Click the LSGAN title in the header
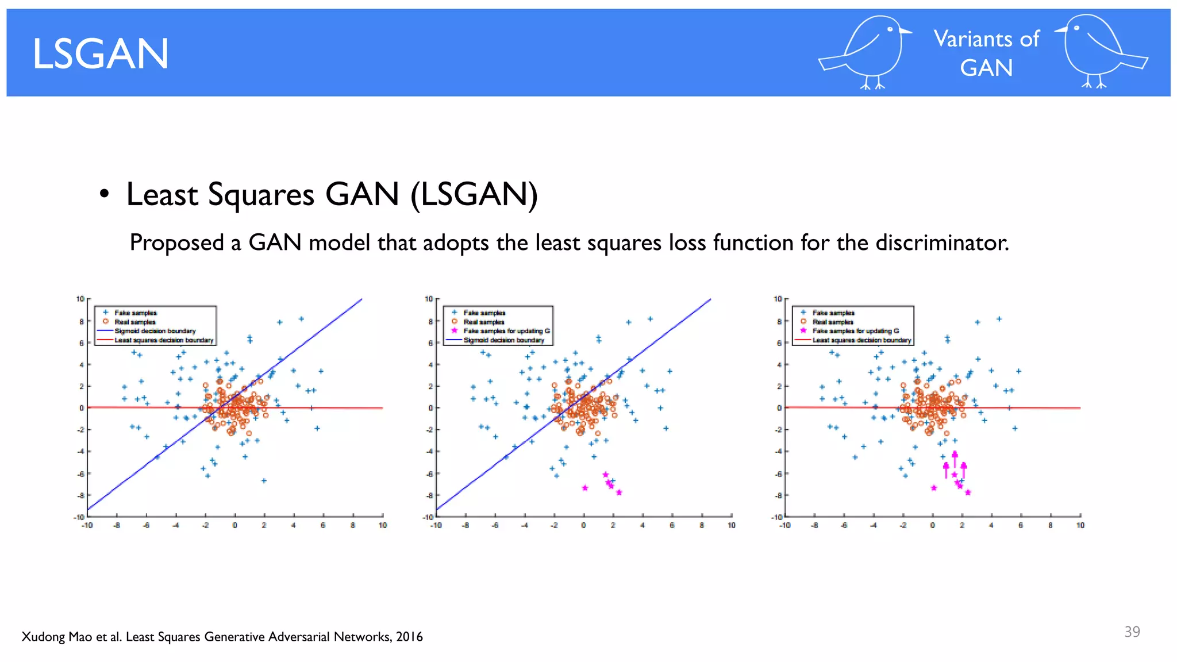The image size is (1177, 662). click(x=101, y=54)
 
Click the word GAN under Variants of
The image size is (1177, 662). click(x=986, y=68)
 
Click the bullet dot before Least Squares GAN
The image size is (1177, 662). click(x=103, y=194)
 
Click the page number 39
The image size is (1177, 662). click(x=1132, y=632)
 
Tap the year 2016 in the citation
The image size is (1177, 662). click(x=409, y=637)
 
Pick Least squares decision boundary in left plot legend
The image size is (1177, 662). click(x=164, y=340)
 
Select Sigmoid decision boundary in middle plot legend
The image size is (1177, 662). click(x=503, y=340)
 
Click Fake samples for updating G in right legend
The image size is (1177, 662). click(x=855, y=331)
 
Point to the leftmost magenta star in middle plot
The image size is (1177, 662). click(x=585, y=488)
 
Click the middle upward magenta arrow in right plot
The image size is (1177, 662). click(x=955, y=459)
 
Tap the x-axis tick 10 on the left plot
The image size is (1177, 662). click(x=383, y=525)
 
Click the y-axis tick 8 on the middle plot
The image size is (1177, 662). click(x=429, y=321)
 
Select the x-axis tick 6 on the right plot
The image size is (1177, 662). click(x=1021, y=525)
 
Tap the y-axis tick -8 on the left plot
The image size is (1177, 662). click(x=80, y=495)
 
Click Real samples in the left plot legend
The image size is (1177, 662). click(x=135, y=322)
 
